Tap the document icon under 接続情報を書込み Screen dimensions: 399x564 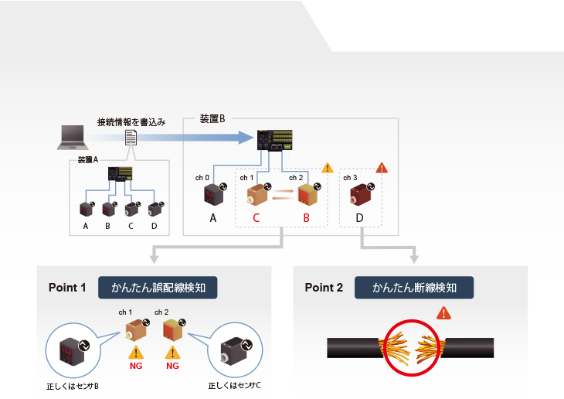pyautogui.click(x=131, y=137)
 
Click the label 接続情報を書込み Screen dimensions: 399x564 pyautogui.click(x=131, y=122)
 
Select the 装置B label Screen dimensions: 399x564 pyautogui.click(x=212, y=118)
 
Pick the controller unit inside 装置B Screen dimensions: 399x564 pyautogui.click(x=276, y=139)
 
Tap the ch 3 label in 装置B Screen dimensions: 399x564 pyautogui.click(x=350, y=178)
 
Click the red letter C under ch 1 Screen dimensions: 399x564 pyautogui.click(x=257, y=218)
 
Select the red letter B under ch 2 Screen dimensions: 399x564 pyautogui.click(x=306, y=218)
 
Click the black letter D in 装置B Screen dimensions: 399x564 pyautogui.click(x=360, y=218)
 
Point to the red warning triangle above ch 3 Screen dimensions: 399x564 pyautogui.click(x=381, y=168)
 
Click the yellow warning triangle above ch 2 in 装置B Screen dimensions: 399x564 pyautogui.click(x=327, y=167)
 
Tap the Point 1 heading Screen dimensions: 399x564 pyautogui.click(x=67, y=288)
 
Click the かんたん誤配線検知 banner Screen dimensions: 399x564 pyautogui.click(x=158, y=288)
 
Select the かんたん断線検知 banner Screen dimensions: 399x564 pyautogui.click(x=414, y=288)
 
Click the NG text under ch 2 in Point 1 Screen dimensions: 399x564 pyautogui.click(x=172, y=366)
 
